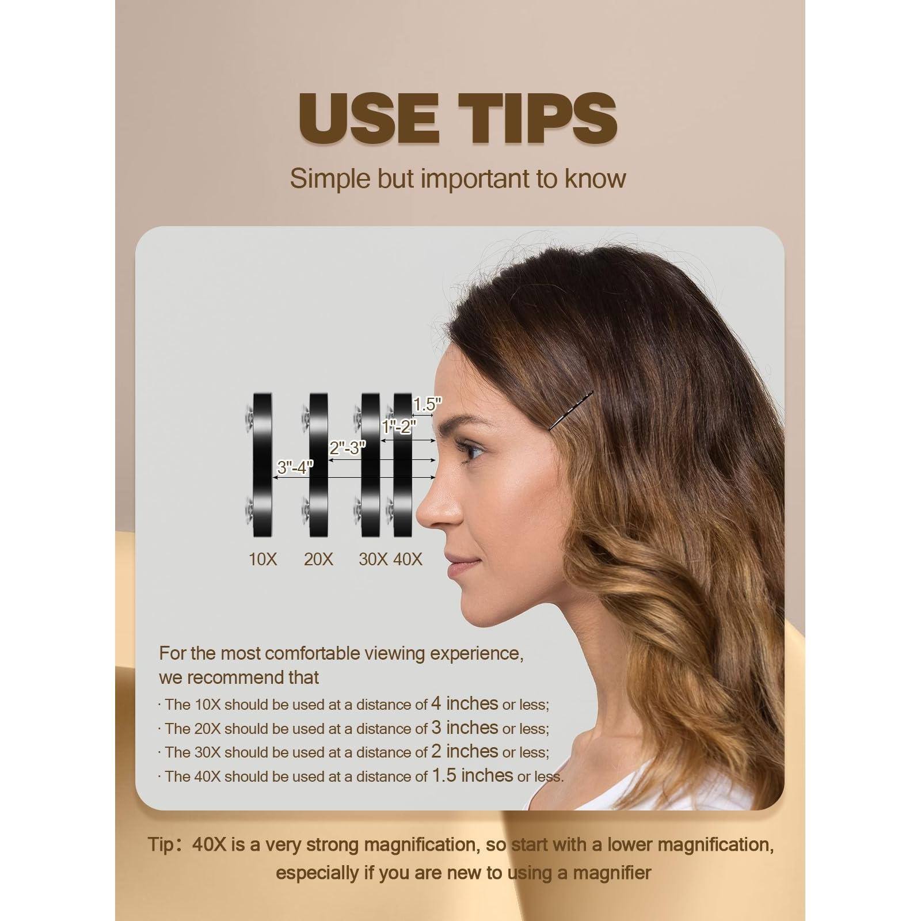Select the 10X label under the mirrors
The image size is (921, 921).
click(x=263, y=559)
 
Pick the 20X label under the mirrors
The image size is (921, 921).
click(x=318, y=559)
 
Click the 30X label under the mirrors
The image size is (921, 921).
click(x=373, y=559)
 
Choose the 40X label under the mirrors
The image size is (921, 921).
click(x=408, y=559)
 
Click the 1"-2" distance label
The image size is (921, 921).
click(x=399, y=427)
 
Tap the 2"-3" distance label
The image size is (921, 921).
click(x=348, y=448)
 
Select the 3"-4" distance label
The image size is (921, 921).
click(x=295, y=467)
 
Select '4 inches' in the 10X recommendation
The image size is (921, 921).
click(x=464, y=703)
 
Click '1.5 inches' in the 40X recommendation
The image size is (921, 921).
click(x=473, y=775)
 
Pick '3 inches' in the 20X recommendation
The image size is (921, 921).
click(x=464, y=728)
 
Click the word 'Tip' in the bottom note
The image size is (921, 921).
click(x=159, y=845)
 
